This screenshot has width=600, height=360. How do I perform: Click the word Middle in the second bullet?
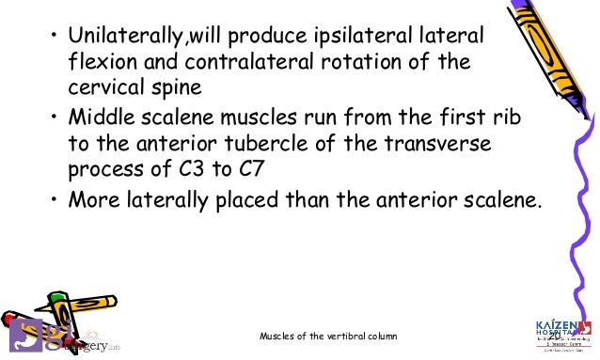(97, 122)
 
